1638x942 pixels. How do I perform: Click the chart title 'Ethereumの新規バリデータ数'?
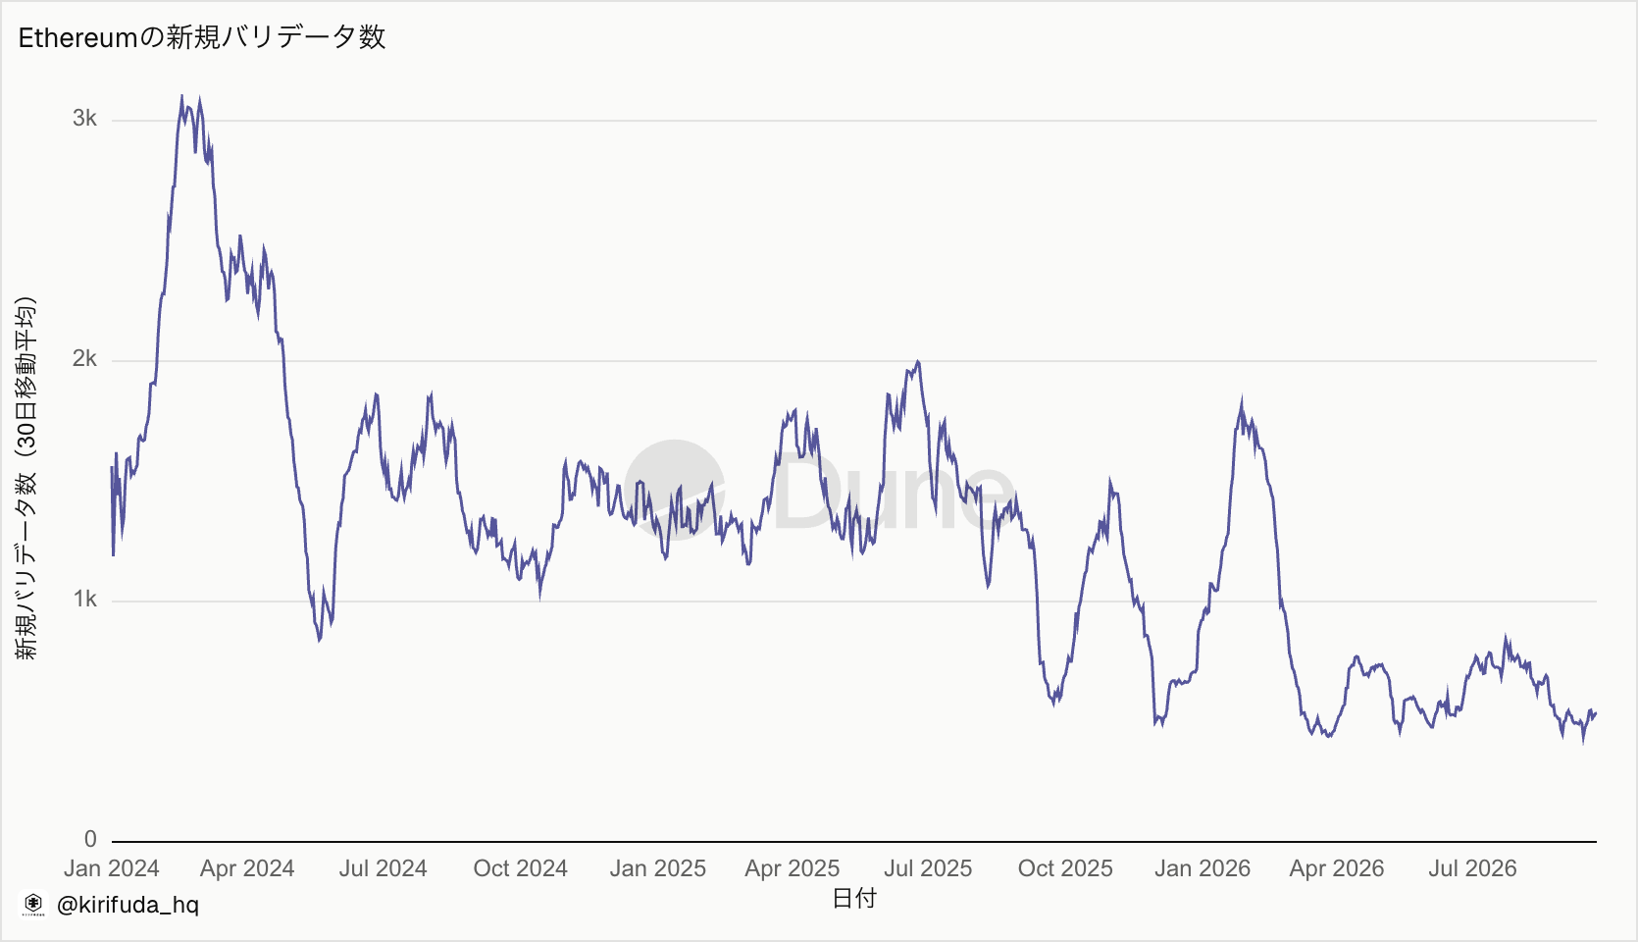(x=202, y=37)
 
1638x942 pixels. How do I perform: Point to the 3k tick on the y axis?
(x=84, y=119)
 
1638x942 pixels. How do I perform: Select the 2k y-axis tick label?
(x=84, y=358)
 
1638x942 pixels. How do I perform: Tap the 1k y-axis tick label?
(x=84, y=599)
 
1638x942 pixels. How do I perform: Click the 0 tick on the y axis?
(x=90, y=839)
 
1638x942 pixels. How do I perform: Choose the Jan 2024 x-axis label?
(x=111, y=868)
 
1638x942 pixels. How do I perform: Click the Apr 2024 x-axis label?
(x=247, y=868)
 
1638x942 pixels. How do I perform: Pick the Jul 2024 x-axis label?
(x=384, y=868)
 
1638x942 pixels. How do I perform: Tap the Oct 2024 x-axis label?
(x=521, y=868)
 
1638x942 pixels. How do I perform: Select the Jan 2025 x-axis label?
(x=657, y=868)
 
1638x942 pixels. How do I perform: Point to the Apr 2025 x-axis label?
(x=792, y=868)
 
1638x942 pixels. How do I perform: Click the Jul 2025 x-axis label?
(x=928, y=868)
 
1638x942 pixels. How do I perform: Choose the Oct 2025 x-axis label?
(x=1065, y=868)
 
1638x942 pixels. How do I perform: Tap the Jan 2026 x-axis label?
(x=1203, y=868)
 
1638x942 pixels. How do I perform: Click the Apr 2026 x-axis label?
(x=1337, y=868)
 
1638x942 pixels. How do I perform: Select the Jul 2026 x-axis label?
(x=1473, y=868)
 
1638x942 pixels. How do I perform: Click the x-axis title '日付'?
(x=854, y=898)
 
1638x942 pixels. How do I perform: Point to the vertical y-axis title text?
(x=26, y=478)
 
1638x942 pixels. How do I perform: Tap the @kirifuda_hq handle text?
(x=128, y=905)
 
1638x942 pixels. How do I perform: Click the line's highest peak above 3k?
(x=182, y=96)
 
